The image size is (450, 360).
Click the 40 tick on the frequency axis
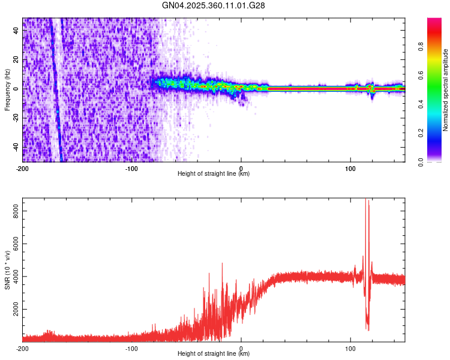coord(16,31)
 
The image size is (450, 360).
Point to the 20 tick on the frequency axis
coord(16,60)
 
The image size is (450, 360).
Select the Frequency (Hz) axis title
coord(7,90)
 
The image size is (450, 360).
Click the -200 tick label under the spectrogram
coord(23,168)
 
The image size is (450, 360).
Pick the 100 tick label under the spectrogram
coord(350,168)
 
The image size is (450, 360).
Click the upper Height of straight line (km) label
coord(214,174)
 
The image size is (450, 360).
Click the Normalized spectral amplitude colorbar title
coord(446,90)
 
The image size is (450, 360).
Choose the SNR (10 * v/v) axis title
coord(7,270)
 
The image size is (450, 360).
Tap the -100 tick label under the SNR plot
coord(131,348)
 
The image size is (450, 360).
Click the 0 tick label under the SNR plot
coord(241,348)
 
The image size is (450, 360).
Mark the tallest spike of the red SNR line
coord(366,200)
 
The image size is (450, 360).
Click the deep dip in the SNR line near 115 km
coord(368,329)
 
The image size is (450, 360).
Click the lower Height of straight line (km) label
coord(214,354)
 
